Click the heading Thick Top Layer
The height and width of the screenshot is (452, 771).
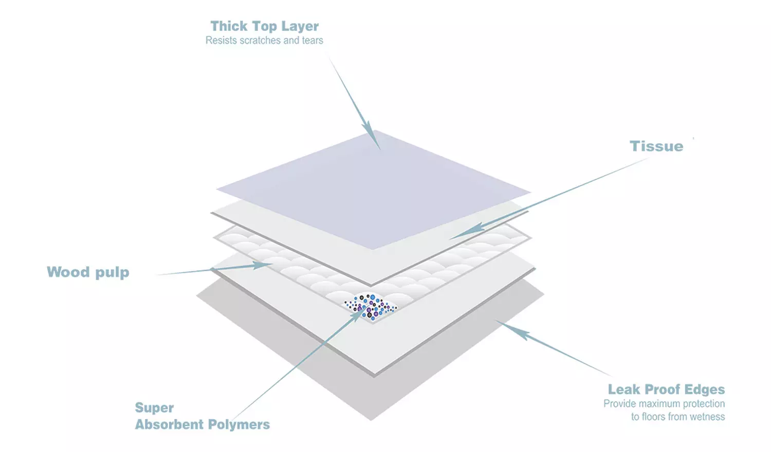pos(264,26)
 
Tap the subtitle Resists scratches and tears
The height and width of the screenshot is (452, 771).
pos(264,41)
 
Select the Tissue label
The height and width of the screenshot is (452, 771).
pos(656,146)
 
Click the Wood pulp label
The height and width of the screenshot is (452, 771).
pos(88,272)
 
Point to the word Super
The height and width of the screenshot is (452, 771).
pos(154,408)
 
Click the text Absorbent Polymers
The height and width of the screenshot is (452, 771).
pos(203,424)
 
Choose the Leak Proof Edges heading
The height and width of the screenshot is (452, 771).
pos(666,389)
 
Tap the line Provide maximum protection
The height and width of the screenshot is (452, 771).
pos(664,404)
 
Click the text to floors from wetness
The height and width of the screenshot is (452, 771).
pos(678,417)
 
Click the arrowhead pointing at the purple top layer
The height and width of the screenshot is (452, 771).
pos(374,138)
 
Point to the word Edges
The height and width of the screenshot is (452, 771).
pos(705,389)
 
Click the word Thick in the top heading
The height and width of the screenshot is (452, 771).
pos(229,26)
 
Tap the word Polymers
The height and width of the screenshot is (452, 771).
pos(239,425)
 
